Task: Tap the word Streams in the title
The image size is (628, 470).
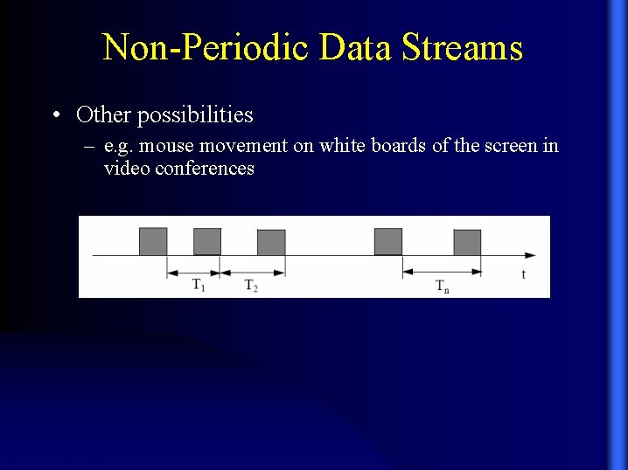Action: click(x=462, y=47)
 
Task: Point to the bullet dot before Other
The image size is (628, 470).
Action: click(x=56, y=114)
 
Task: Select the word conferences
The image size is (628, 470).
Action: click(x=204, y=168)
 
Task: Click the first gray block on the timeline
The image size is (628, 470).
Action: click(x=152, y=241)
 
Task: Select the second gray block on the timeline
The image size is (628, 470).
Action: click(x=207, y=241)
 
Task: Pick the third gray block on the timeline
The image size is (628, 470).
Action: click(x=271, y=242)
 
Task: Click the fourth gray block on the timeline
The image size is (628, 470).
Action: click(x=388, y=241)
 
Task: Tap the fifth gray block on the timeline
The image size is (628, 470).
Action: click(x=467, y=242)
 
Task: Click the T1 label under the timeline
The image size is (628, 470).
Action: click(x=199, y=286)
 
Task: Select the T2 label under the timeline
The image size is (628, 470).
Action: click(x=250, y=286)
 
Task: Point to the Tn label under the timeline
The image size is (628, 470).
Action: click(x=443, y=287)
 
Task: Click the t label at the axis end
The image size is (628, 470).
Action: click(x=523, y=274)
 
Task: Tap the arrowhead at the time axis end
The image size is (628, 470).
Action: click(x=530, y=255)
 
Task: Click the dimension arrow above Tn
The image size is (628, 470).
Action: click(x=442, y=272)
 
